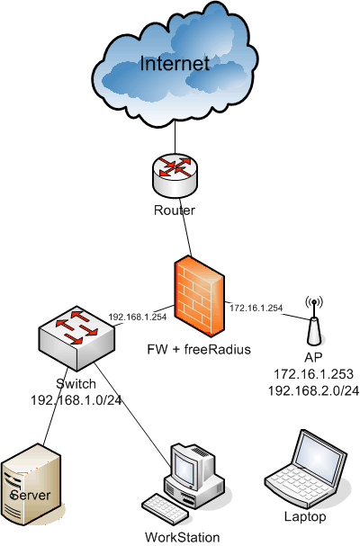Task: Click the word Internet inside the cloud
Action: coord(175,64)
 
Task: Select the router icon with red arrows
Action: coord(175,175)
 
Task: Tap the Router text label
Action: coord(175,210)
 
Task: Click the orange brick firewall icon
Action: coord(200,296)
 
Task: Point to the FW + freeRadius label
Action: coord(199,349)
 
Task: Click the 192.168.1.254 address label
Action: coord(138,317)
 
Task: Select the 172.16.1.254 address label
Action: coord(256,308)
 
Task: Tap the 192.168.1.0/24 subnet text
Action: coord(76,400)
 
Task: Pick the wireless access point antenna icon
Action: coord(314,320)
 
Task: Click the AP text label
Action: coord(313,357)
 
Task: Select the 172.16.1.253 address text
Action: coord(313,374)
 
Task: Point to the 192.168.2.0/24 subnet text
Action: coord(313,390)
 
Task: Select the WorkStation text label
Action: coord(183,537)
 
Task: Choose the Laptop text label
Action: coord(305,516)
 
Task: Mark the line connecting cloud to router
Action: coord(175,138)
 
